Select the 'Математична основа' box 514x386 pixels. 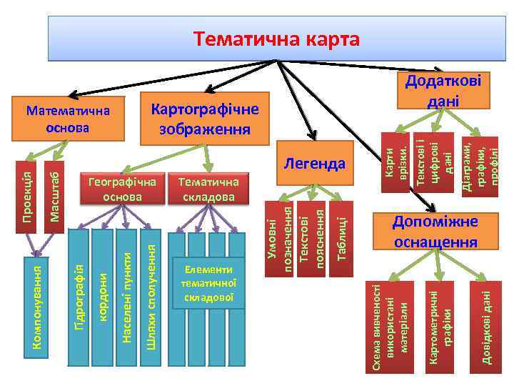coord(67,119)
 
